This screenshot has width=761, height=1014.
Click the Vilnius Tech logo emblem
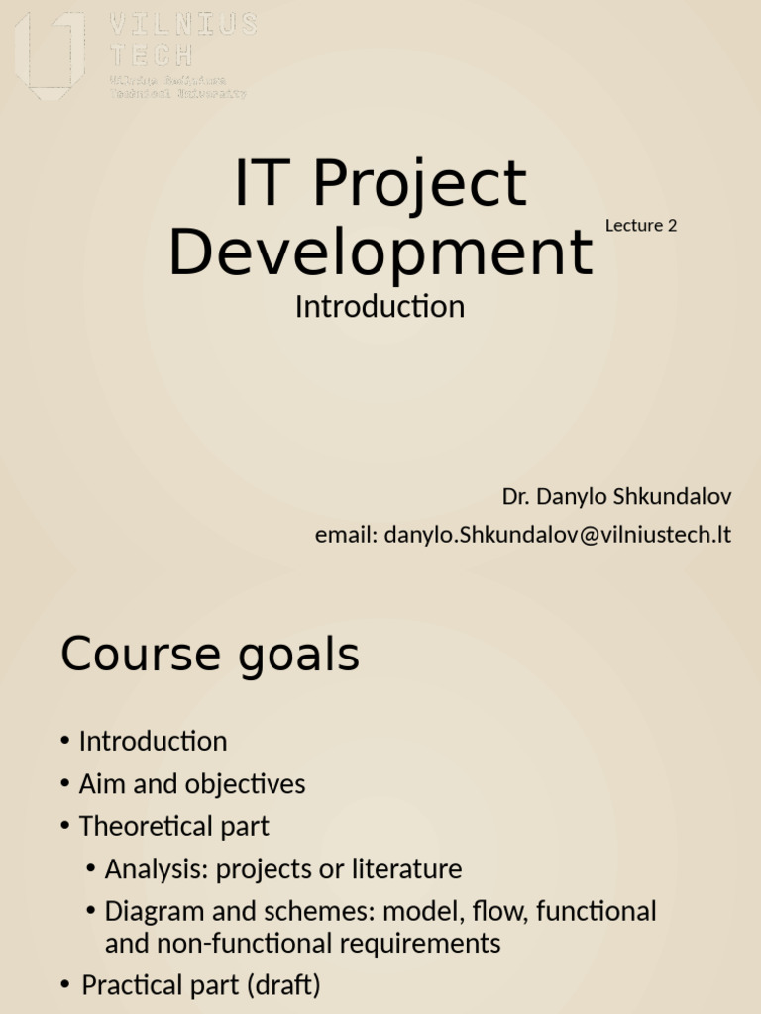coord(50,54)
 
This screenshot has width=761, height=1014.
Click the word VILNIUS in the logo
coord(183,25)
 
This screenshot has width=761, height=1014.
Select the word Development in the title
coord(380,252)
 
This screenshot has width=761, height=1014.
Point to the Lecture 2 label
coord(641,225)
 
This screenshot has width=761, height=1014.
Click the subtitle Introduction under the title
coord(380,307)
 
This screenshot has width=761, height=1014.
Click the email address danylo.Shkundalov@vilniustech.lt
coord(557,535)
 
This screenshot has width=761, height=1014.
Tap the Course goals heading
coord(210,656)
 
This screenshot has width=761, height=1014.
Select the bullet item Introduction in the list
coord(153,741)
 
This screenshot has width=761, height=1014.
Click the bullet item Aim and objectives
coord(192,784)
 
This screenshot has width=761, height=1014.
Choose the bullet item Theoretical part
coord(173,826)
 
